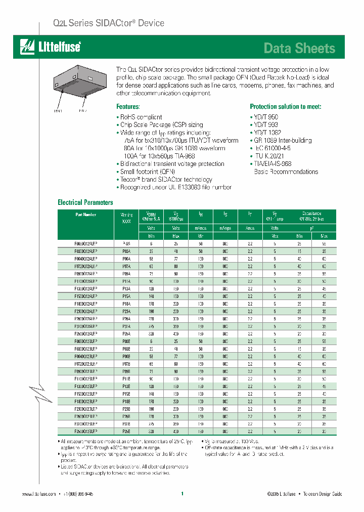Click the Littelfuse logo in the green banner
(x=50, y=47)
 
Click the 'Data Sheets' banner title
(x=299, y=48)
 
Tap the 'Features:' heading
(x=128, y=107)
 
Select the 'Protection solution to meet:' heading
(x=285, y=107)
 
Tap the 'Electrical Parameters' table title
(x=85, y=202)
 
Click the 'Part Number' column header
(x=85, y=215)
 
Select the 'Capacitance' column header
(x=311, y=214)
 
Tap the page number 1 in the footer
(x=182, y=493)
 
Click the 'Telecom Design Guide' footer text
(x=323, y=494)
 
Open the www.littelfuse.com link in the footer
(x=39, y=494)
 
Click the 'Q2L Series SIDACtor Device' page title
(x=109, y=23)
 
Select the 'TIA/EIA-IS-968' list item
(x=272, y=164)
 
